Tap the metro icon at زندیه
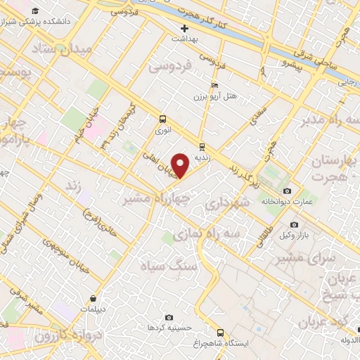click(202, 147)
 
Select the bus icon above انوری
click(162, 119)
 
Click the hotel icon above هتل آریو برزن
click(215, 84)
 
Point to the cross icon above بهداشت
click(184, 29)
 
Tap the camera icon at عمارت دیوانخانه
click(287, 191)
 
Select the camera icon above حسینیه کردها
click(168, 318)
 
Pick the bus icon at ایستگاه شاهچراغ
click(220, 332)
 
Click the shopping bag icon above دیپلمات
click(103, 298)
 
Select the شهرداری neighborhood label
click(226, 203)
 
